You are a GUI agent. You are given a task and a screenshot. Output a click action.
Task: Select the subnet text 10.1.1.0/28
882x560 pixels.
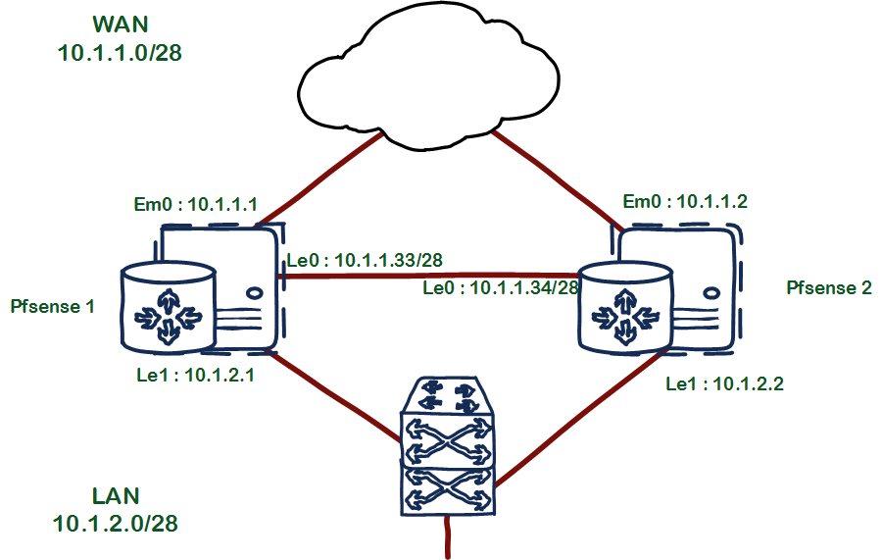pyautogui.click(x=120, y=52)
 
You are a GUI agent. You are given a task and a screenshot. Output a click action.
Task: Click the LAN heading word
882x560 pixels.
pyautogui.click(x=116, y=494)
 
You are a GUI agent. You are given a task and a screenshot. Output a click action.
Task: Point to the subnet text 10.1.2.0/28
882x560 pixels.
pyautogui.click(x=116, y=523)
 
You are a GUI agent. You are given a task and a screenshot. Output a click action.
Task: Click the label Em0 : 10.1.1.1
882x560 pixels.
pyautogui.click(x=195, y=205)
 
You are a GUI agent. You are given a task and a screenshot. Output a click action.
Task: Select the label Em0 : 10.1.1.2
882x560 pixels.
pyautogui.click(x=686, y=203)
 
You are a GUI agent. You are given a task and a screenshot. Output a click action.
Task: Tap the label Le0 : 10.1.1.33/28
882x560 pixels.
pyautogui.click(x=364, y=260)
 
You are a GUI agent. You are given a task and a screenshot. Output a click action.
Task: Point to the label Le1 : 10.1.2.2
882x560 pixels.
pyautogui.click(x=724, y=383)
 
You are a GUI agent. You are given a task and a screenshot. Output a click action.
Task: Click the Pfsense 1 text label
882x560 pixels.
pyautogui.click(x=53, y=306)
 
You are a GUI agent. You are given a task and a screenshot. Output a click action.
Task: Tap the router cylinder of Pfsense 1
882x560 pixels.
pyautogui.click(x=167, y=305)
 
